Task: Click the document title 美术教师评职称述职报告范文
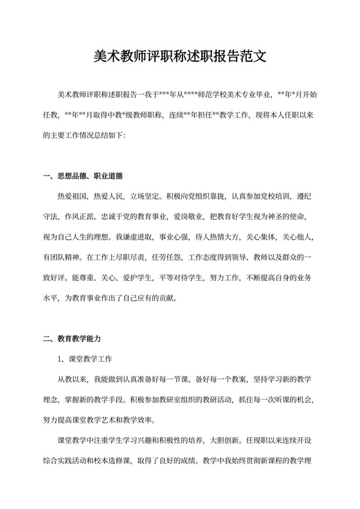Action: [180, 58]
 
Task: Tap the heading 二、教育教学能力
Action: [72, 338]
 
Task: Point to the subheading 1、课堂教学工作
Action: [85, 357]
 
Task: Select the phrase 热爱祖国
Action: [73, 196]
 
